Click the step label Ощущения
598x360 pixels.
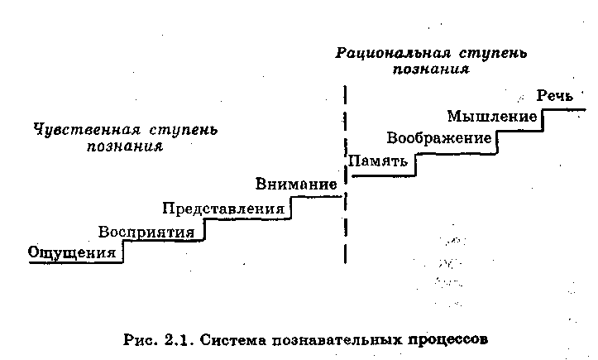click(x=71, y=252)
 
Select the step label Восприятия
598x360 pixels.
click(x=146, y=231)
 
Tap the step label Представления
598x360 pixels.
click(x=223, y=208)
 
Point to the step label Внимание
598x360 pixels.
click(x=296, y=184)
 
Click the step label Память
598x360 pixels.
click(x=378, y=161)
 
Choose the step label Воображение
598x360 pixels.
click(x=438, y=137)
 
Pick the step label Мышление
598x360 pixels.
click(x=492, y=115)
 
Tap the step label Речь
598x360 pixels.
click(x=554, y=95)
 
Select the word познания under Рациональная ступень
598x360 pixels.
click(x=431, y=70)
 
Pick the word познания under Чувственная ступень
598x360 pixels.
click(x=125, y=146)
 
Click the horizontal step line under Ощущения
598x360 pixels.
click(x=74, y=263)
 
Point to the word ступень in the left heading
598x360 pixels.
click(x=185, y=130)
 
